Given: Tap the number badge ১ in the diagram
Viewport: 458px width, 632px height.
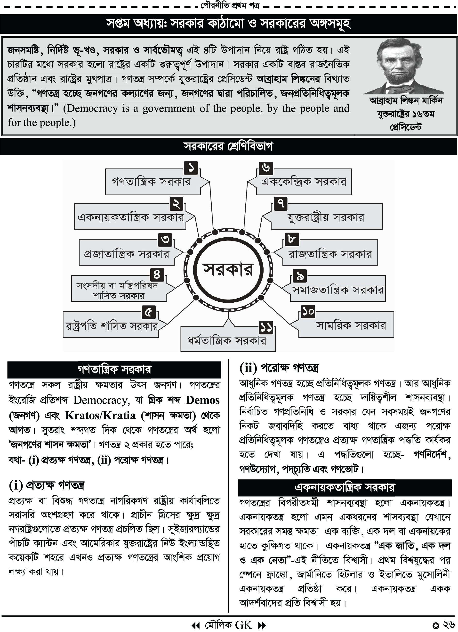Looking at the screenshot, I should tap(191, 168).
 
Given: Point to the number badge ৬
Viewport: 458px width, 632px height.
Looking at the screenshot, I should tap(266, 168).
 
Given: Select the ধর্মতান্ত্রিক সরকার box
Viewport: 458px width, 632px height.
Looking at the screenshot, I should tap(227, 341).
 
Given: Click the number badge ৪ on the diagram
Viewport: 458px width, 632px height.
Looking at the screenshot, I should tap(157, 274).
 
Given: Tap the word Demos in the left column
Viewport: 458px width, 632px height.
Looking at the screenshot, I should tap(203, 400).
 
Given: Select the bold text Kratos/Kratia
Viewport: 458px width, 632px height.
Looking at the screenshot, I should tap(100, 416).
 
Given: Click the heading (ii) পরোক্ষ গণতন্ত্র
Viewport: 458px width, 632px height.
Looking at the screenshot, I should tap(279, 368).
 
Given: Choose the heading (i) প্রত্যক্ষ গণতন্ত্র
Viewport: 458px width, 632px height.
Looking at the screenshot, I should tap(47, 485).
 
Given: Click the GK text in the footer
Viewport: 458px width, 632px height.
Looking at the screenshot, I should tap(244, 625).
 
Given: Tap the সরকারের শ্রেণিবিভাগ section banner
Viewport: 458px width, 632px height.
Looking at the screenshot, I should tap(228, 147).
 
